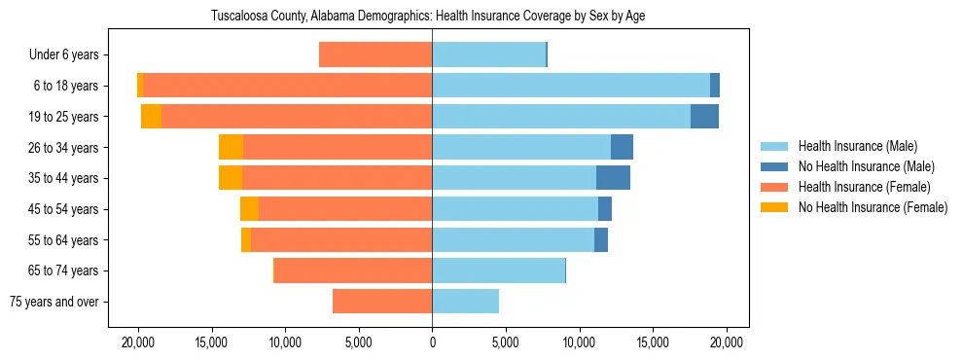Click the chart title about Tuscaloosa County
(x=428, y=16)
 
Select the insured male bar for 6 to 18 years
(x=571, y=86)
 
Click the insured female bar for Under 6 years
(x=375, y=55)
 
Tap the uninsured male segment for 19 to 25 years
(x=704, y=117)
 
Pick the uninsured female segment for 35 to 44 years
(x=231, y=178)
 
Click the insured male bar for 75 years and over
(x=465, y=302)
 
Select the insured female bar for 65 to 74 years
(x=353, y=270)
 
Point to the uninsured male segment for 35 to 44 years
(x=613, y=178)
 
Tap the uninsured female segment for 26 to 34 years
(x=231, y=147)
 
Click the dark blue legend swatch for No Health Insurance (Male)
(x=775, y=166)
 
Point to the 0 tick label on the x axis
(x=432, y=342)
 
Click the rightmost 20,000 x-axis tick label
(x=727, y=342)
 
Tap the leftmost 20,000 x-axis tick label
(x=138, y=342)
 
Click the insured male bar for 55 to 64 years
(x=513, y=239)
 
